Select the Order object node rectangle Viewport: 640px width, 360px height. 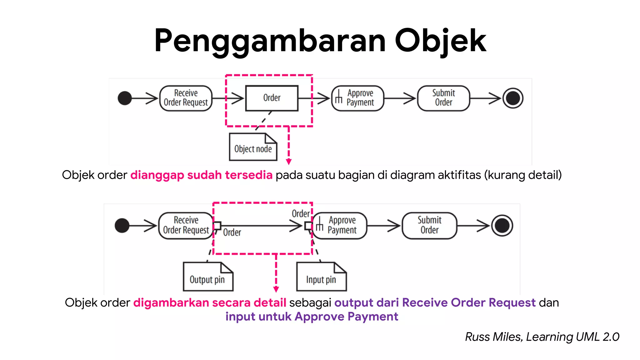(x=272, y=98)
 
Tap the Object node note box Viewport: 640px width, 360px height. (x=253, y=147)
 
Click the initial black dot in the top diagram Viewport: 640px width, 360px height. (x=125, y=98)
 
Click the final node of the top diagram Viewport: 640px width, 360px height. (x=512, y=98)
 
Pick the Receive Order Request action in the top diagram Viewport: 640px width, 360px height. (x=186, y=98)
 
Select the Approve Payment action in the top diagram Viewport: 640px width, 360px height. (x=358, y=98)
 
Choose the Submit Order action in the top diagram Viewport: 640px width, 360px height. (x=443, y=98)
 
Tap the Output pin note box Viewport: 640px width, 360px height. (x=208, y=277)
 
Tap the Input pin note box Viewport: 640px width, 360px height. (x=321, y=277)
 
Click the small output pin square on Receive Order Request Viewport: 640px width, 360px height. (x=217, y=225)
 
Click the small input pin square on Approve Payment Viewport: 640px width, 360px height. (x=308, y=226)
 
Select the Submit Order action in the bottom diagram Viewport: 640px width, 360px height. (x=429, y=226)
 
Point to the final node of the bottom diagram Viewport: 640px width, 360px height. (x=502, y=226)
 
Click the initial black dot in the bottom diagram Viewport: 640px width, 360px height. (x=122, y=226)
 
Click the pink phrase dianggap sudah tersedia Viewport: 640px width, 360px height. (x=201, y=175)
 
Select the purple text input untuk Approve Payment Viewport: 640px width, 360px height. (x=312, y=317)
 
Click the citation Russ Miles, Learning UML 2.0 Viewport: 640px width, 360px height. (x=542, y=337)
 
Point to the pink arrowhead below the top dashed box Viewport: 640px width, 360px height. (x=289, y=162)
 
